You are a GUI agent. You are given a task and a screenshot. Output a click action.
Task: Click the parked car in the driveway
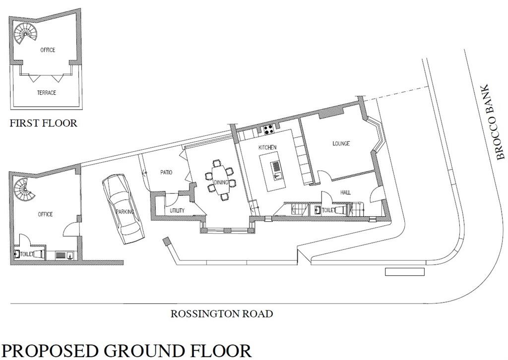(x=123, y=209)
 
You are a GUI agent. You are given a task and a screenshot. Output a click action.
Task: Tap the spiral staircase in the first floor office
(x=25, y=33)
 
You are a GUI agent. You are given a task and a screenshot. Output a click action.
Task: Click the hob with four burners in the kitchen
(x=268, y=129)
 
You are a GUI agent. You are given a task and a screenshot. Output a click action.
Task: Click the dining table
(x=221, y=180)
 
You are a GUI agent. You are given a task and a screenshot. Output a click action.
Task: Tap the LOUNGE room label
(x=341, y=143)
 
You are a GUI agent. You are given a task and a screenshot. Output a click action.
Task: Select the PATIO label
(x=166, y=172)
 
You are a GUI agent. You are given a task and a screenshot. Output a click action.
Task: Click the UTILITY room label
(x=177, y=210)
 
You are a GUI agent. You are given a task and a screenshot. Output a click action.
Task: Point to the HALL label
(x=345, y=192)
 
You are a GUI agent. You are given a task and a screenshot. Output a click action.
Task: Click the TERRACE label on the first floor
(x=46, y=93)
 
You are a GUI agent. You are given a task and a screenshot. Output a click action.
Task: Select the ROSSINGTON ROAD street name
(x=222, y=314)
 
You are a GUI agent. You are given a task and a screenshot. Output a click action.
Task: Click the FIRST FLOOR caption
(x=44, y=123)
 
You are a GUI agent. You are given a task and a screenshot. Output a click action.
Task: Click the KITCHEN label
(x=267, y=147)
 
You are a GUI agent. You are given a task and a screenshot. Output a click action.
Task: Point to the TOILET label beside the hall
(x=328, y=210)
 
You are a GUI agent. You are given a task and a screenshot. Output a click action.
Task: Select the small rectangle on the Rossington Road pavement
(x=405, y=272)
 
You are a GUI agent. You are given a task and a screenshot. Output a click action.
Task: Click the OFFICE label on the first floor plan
(x=48, y=50)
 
